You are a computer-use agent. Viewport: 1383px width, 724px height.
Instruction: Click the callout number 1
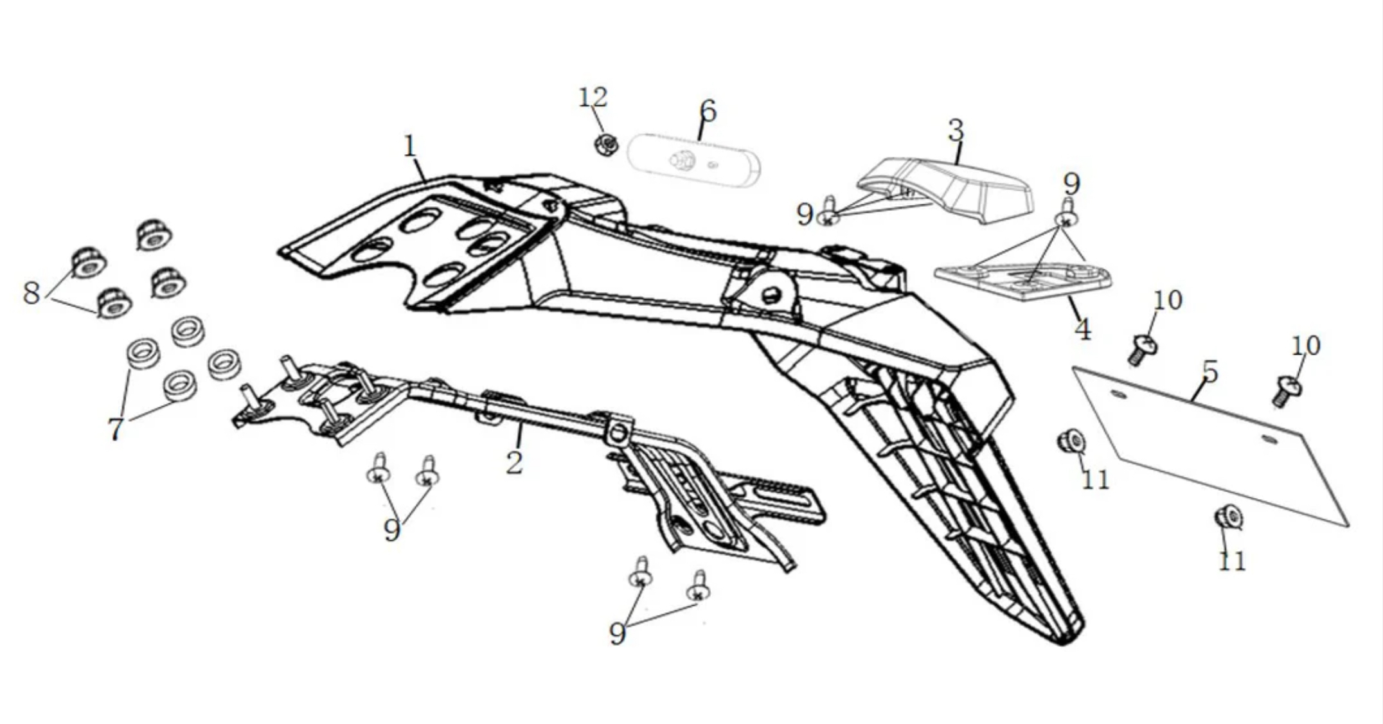click(410, 146)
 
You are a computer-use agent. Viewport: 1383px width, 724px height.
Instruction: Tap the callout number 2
click(514, 463)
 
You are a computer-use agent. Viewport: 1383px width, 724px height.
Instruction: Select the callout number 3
click(956, 131)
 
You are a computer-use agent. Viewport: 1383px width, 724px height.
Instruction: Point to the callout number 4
click(1083, 330)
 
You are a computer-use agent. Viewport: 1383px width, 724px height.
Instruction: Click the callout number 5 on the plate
click(1209, 371)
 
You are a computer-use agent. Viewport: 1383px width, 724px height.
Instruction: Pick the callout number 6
click(707, 111)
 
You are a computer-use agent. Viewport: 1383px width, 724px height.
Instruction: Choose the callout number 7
click(116, 429)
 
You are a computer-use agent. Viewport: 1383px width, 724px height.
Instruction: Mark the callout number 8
click(31, 293)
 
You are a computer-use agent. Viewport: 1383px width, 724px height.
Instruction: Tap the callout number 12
click(593, 98)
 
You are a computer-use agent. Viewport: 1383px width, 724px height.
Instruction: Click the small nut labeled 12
click(605, 144)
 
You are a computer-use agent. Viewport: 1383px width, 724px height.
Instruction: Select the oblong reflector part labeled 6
click(693, 161)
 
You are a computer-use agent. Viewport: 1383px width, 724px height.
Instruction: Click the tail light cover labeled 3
click(951, 186)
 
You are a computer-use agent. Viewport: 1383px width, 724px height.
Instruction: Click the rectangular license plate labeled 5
click(1208, 443)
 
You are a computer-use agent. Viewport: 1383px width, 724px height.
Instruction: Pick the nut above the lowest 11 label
click(1227, 517)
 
